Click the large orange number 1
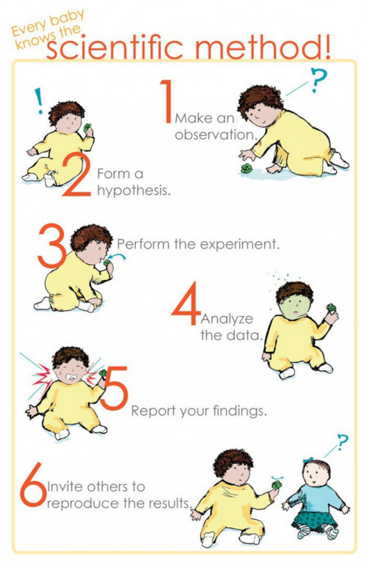pyautogui.click(x=167, y=101)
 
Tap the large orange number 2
pyautogui.click(x=76, y=174)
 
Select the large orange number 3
pyautogui.click(x=51, y=246)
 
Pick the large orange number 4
pyautogui.click(x=186, y=304)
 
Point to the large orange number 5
pyautogui.click(x=114, y=388)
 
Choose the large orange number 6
pyautogui.click(x=33, y=485)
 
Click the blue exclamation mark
pyautogui.click(x=38, y=100)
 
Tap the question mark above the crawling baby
pyautogui.click(x=318, y=80)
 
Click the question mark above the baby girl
pyautogui.click(x=343, y=441)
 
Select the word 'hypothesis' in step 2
pyautogui.click(x=134, y=190)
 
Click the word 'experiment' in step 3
pyautogui.click(x=240, y=244)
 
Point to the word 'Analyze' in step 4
pyautogui.click(x=227, y=319)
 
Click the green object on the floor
pyautogui.click(x=247, y=168)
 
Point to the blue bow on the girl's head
pyautogui.click(x=308, y=460)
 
